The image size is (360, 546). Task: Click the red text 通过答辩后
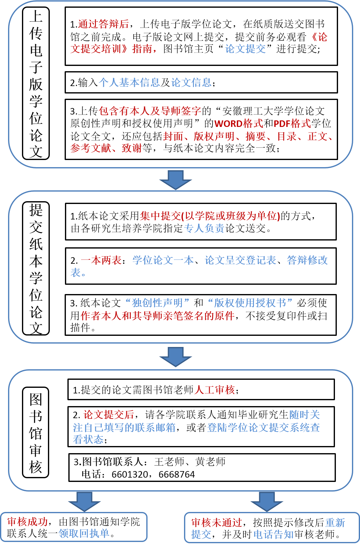pos(103,24)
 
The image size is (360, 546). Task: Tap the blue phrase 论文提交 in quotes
pos(246,49)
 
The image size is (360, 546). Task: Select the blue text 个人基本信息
pos(129,82)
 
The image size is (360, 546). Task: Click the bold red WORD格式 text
pos(238,123)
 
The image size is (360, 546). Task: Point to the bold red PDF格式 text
pos(292,123)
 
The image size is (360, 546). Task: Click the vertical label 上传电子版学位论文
pos(36,84)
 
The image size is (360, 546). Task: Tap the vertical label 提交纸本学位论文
pos(36,268)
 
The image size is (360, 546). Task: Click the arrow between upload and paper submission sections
pos(176,180)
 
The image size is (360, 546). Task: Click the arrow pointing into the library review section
pos(176,357)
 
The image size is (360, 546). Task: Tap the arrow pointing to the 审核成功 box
pos(84,502)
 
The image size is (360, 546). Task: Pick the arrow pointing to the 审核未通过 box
pos(267,502)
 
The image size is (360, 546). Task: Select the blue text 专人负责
pos(204,228)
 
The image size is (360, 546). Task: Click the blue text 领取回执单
pos(84,533)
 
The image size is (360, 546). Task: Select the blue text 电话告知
pos(273,534)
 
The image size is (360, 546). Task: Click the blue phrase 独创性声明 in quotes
pos(157,302)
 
